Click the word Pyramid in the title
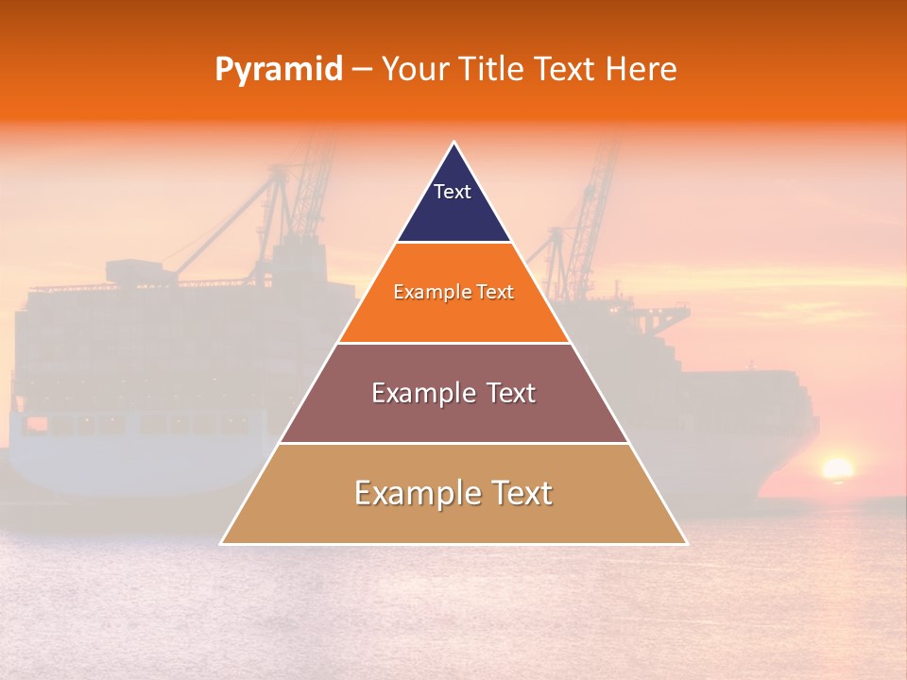tap(279, 70)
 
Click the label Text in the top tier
tap(453, 192)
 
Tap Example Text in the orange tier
tap(453, 292)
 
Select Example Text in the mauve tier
tap(453, 393)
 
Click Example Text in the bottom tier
tap(453, 493)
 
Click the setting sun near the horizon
tap(836, 468)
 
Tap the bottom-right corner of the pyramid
tap(686, 543)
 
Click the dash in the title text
tap(362, 70)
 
